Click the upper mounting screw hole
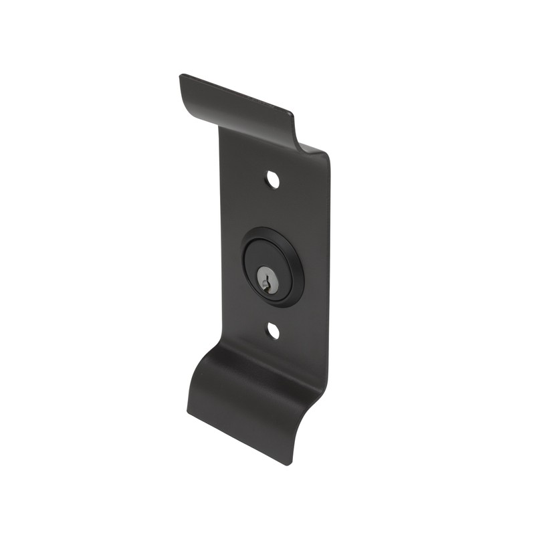click(x=272, y=179)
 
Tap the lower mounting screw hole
click(x=273, y=330)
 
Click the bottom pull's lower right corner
click(x=289, y=463)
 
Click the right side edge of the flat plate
click(x=327, y=267)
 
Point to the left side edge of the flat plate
click(x=221, y=267)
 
